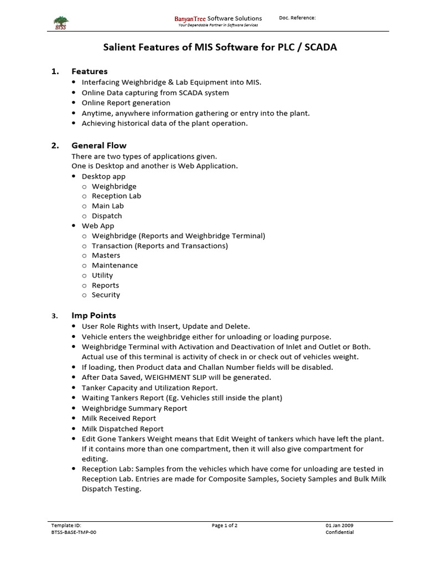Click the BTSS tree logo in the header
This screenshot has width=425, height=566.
(60, 21)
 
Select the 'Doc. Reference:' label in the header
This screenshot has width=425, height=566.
(297, 18)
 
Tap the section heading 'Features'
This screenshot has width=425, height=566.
(89, 71)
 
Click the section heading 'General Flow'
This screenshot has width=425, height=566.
(99, 145)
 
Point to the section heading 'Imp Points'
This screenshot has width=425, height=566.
(94, 316)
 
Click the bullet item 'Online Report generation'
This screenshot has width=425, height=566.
(126, 103)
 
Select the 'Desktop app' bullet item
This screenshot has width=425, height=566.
(103, 176)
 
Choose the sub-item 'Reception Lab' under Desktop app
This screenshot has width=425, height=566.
(116, 196)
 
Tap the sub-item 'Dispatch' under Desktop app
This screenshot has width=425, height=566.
(107, 216)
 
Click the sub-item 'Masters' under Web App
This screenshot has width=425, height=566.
(106, 255)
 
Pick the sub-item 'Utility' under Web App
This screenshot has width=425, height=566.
(102, 275)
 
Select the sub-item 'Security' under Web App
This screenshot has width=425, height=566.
(106, 295)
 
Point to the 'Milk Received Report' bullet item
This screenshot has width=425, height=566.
(119, 418)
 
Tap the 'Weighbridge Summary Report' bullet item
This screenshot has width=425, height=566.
(134, 408)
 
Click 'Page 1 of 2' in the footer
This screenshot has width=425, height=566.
(225, 526)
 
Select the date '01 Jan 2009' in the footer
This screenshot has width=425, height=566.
(339, 526)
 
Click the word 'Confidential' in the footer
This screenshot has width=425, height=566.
(339, 532)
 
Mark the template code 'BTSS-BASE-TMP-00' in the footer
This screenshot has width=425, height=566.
(77, 532)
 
